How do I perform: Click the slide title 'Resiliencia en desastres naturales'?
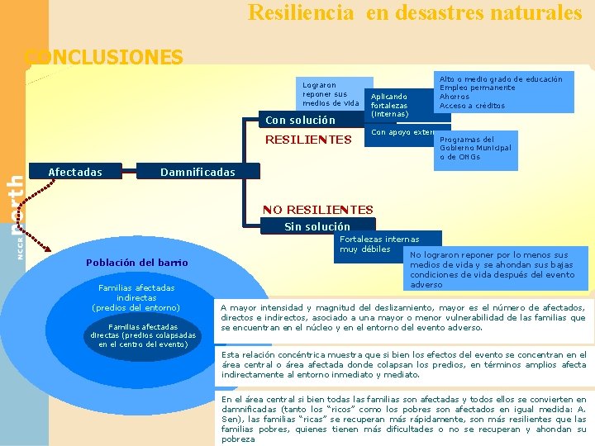point(415,13)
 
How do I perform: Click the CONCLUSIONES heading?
point(104,57)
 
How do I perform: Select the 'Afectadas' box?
point(75,173)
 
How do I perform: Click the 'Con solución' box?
point(300,121)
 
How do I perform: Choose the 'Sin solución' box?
point(317,226)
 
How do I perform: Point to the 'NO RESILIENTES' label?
point(317,210)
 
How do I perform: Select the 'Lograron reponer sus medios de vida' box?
point(331,94)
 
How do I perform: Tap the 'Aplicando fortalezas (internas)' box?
point(391,105)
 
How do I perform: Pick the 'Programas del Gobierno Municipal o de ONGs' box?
point(476,149)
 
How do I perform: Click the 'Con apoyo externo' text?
point(402,132)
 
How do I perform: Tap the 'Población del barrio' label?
point(137,263)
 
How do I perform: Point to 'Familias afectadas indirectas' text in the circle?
point(136,297)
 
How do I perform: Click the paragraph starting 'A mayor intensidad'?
point(403,317)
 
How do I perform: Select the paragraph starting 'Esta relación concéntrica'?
point(403,364)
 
